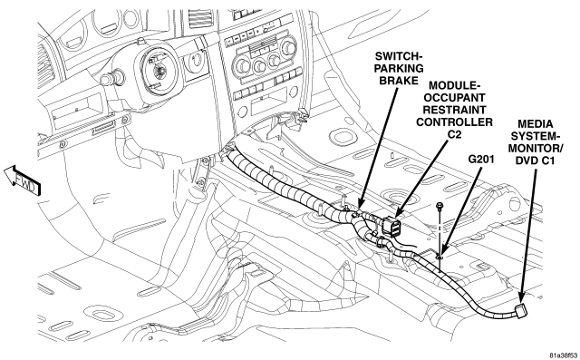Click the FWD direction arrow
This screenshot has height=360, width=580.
click(22, 180)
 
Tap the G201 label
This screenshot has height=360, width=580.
click(481, 160)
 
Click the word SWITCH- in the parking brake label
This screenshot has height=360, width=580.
click(399, 56)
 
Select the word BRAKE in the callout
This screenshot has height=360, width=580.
click(399, 81)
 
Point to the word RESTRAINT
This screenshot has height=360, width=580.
click(454, 110)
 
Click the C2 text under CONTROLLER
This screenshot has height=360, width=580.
click(455, 134)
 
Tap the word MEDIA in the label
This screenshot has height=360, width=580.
click(536, 124)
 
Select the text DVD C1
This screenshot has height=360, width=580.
click(536, 161)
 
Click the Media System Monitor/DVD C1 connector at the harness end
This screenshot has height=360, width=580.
click(521, 310)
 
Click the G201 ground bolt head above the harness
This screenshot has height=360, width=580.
click(440, 205)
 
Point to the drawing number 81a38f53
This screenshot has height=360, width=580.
click(563, 355)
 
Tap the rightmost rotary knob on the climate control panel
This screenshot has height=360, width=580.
click(288, 47)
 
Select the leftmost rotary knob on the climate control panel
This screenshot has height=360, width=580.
click(242, 65)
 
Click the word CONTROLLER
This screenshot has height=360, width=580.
click(454, 122)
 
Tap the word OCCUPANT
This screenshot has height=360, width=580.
click(454, 98)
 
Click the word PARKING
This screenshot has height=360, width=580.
click(399, 68)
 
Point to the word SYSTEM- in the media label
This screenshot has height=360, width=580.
click(536, 136)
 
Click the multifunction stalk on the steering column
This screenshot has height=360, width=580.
click(110, 78)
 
